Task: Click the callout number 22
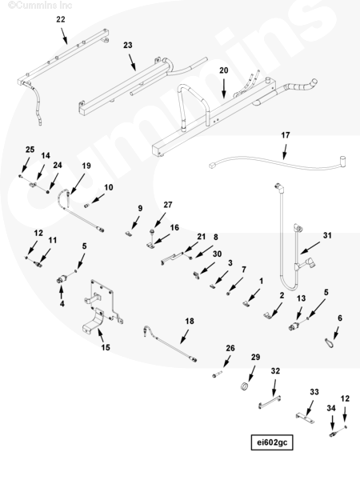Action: coord(61,19)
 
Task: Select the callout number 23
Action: coord(128,46)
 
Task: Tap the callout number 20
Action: coord(224,70)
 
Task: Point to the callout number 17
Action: coord(286,135)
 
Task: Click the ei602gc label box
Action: coord(272,442)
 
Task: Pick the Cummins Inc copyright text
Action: coord(40,6)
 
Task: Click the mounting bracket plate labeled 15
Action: coord(102,306)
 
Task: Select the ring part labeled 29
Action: coord(245,386)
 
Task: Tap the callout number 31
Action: coord(327,235)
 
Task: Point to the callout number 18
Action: coord(190,321)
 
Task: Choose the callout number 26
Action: coord(230,348)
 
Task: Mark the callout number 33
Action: coord(314,392)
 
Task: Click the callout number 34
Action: coord(331,408)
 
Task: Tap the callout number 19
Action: coord(86,166)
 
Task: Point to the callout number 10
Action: coord(109,187)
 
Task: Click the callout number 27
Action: coord(168,205)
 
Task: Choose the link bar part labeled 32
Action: coord(270,402)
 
